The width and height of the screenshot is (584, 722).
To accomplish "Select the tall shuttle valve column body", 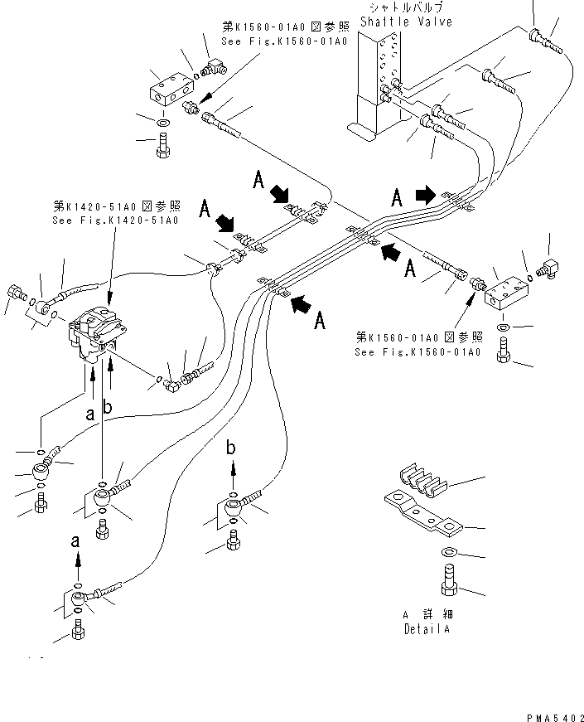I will click(x=378, y=83).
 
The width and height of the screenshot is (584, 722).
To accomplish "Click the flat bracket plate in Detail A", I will click(x=422, y=515).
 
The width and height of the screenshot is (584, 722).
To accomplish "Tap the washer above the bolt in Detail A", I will click(x=448, y=552).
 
